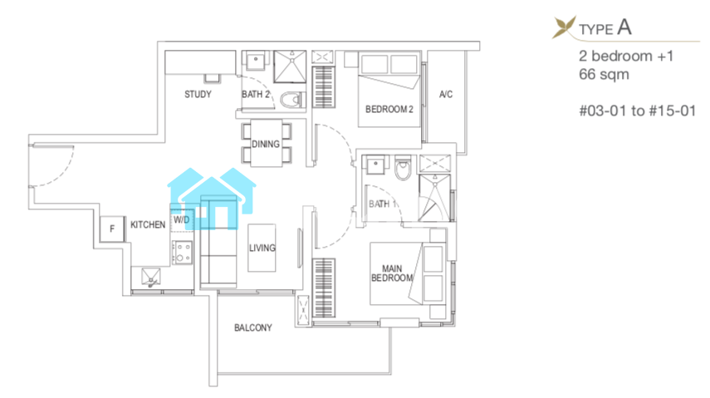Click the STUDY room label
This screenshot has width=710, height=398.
coord(198,94)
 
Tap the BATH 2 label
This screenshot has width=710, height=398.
coord(256,94)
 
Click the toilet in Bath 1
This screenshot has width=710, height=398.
coord(403,169)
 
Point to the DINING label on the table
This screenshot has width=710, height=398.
coord(266,144)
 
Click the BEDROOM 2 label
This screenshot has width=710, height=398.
coord(389,109)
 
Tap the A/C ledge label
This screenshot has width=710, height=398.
coord(446,94)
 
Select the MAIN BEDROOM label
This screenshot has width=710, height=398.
coord(392,273)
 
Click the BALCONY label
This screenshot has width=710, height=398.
coord(253,327)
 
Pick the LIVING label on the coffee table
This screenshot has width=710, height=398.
coord(262,248)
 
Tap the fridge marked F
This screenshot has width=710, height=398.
coord(112,229)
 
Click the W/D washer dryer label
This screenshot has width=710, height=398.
coord(182,220)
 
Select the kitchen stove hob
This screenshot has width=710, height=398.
coord(182,253)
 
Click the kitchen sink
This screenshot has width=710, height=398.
coord(151,277)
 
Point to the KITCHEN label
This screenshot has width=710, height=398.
coord(148,225)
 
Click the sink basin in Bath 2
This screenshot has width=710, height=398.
coord(256,61)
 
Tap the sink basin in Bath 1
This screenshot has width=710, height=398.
coord(375,165)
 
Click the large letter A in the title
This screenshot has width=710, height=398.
coord(624,27)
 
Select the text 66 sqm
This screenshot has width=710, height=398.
coord(604,74)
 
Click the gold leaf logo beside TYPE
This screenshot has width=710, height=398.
coord(564,27)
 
